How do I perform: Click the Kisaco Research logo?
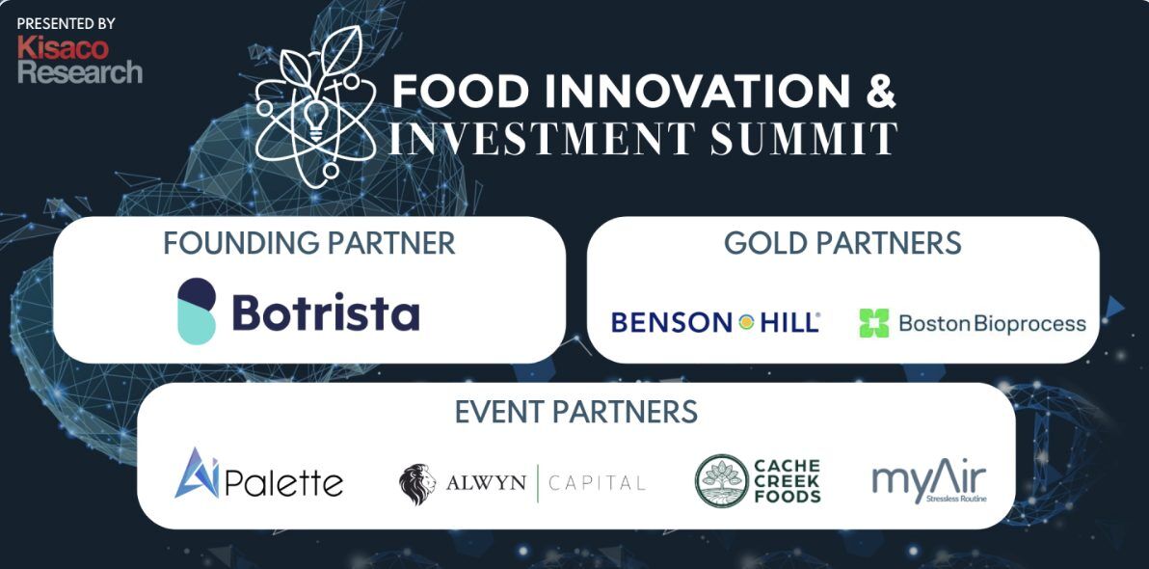coord(79,59)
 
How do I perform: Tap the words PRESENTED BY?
coord(66,22)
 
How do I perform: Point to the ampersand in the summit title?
coord(880,91)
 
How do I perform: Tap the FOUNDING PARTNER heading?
coord(308,243)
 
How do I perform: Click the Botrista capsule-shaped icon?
coord(197,311)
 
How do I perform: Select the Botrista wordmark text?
coord(326,312)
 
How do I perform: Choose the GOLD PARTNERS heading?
coord(842,243)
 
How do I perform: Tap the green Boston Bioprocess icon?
coord(873,323)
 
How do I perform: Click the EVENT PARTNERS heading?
coord(575,412)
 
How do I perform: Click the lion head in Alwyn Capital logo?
coord(417,484)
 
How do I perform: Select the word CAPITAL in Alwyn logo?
coord(598,483)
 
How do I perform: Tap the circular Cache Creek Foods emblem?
coord(722,480)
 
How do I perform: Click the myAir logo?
coord(929,481)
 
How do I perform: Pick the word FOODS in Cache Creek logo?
coord(788,497)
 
